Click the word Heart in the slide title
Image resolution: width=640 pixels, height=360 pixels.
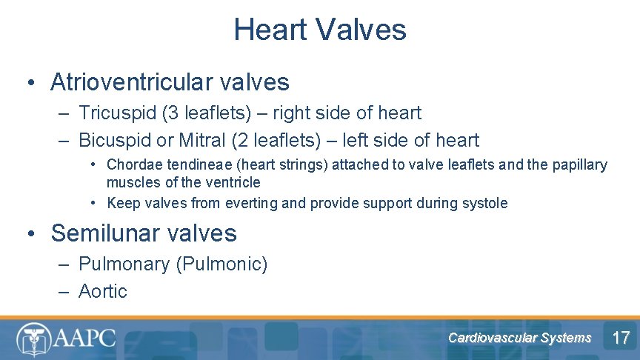click(x=270, y=30)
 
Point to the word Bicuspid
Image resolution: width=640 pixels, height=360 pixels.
click(x=113, y=140)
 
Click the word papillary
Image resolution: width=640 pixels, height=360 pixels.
click(x=581, y=165)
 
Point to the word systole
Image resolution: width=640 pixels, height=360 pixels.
click(x=486, y=203)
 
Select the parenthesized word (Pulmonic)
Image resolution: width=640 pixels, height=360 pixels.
click(x=221, y=264)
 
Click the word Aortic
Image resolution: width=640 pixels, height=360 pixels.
click(x=103, y=292)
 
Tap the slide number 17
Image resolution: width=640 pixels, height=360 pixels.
click(x=621, y=339)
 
